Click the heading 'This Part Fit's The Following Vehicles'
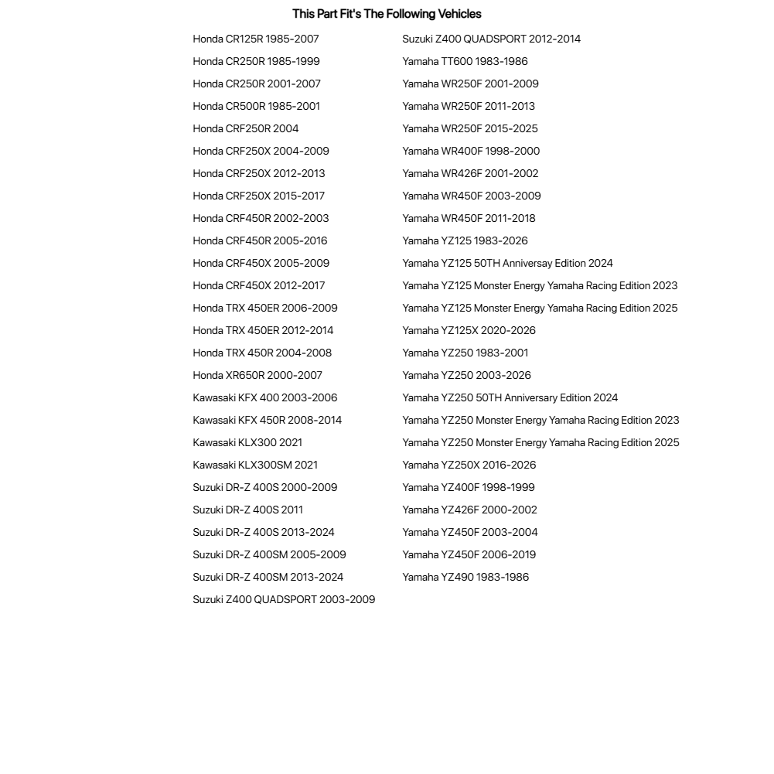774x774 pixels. (x=387, y=14)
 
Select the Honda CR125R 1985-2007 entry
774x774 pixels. (x=255, y=39)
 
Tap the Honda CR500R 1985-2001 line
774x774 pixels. (x=256, y=106)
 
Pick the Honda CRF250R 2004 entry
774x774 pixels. (x=245, y=128)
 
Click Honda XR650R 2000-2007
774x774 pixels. (x=257, y=375)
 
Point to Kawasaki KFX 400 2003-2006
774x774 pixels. (x=264, y=397)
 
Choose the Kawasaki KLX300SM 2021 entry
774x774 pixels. (x=255, y=465)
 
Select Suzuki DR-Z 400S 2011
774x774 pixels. (x=247, y=510)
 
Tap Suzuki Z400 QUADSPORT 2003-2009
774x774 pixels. (x=284, y=599)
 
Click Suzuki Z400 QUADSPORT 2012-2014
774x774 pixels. (x=491, y=39)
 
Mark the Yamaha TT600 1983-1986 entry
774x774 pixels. (x=465, y=61)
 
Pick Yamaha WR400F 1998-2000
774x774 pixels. (x=471, y=151)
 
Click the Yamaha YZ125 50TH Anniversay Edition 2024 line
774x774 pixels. (x=507, y=263)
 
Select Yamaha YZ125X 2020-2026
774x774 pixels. (x=469, y=330)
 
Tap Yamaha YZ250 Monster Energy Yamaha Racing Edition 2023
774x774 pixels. (x=540, y=420)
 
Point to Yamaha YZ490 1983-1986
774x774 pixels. (x=465, y=577)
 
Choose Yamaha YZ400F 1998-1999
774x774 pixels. (x=468, y=487)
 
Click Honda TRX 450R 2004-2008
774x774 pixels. (x=262, y=353)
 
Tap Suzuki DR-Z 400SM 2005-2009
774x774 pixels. (x=269, y=554)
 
